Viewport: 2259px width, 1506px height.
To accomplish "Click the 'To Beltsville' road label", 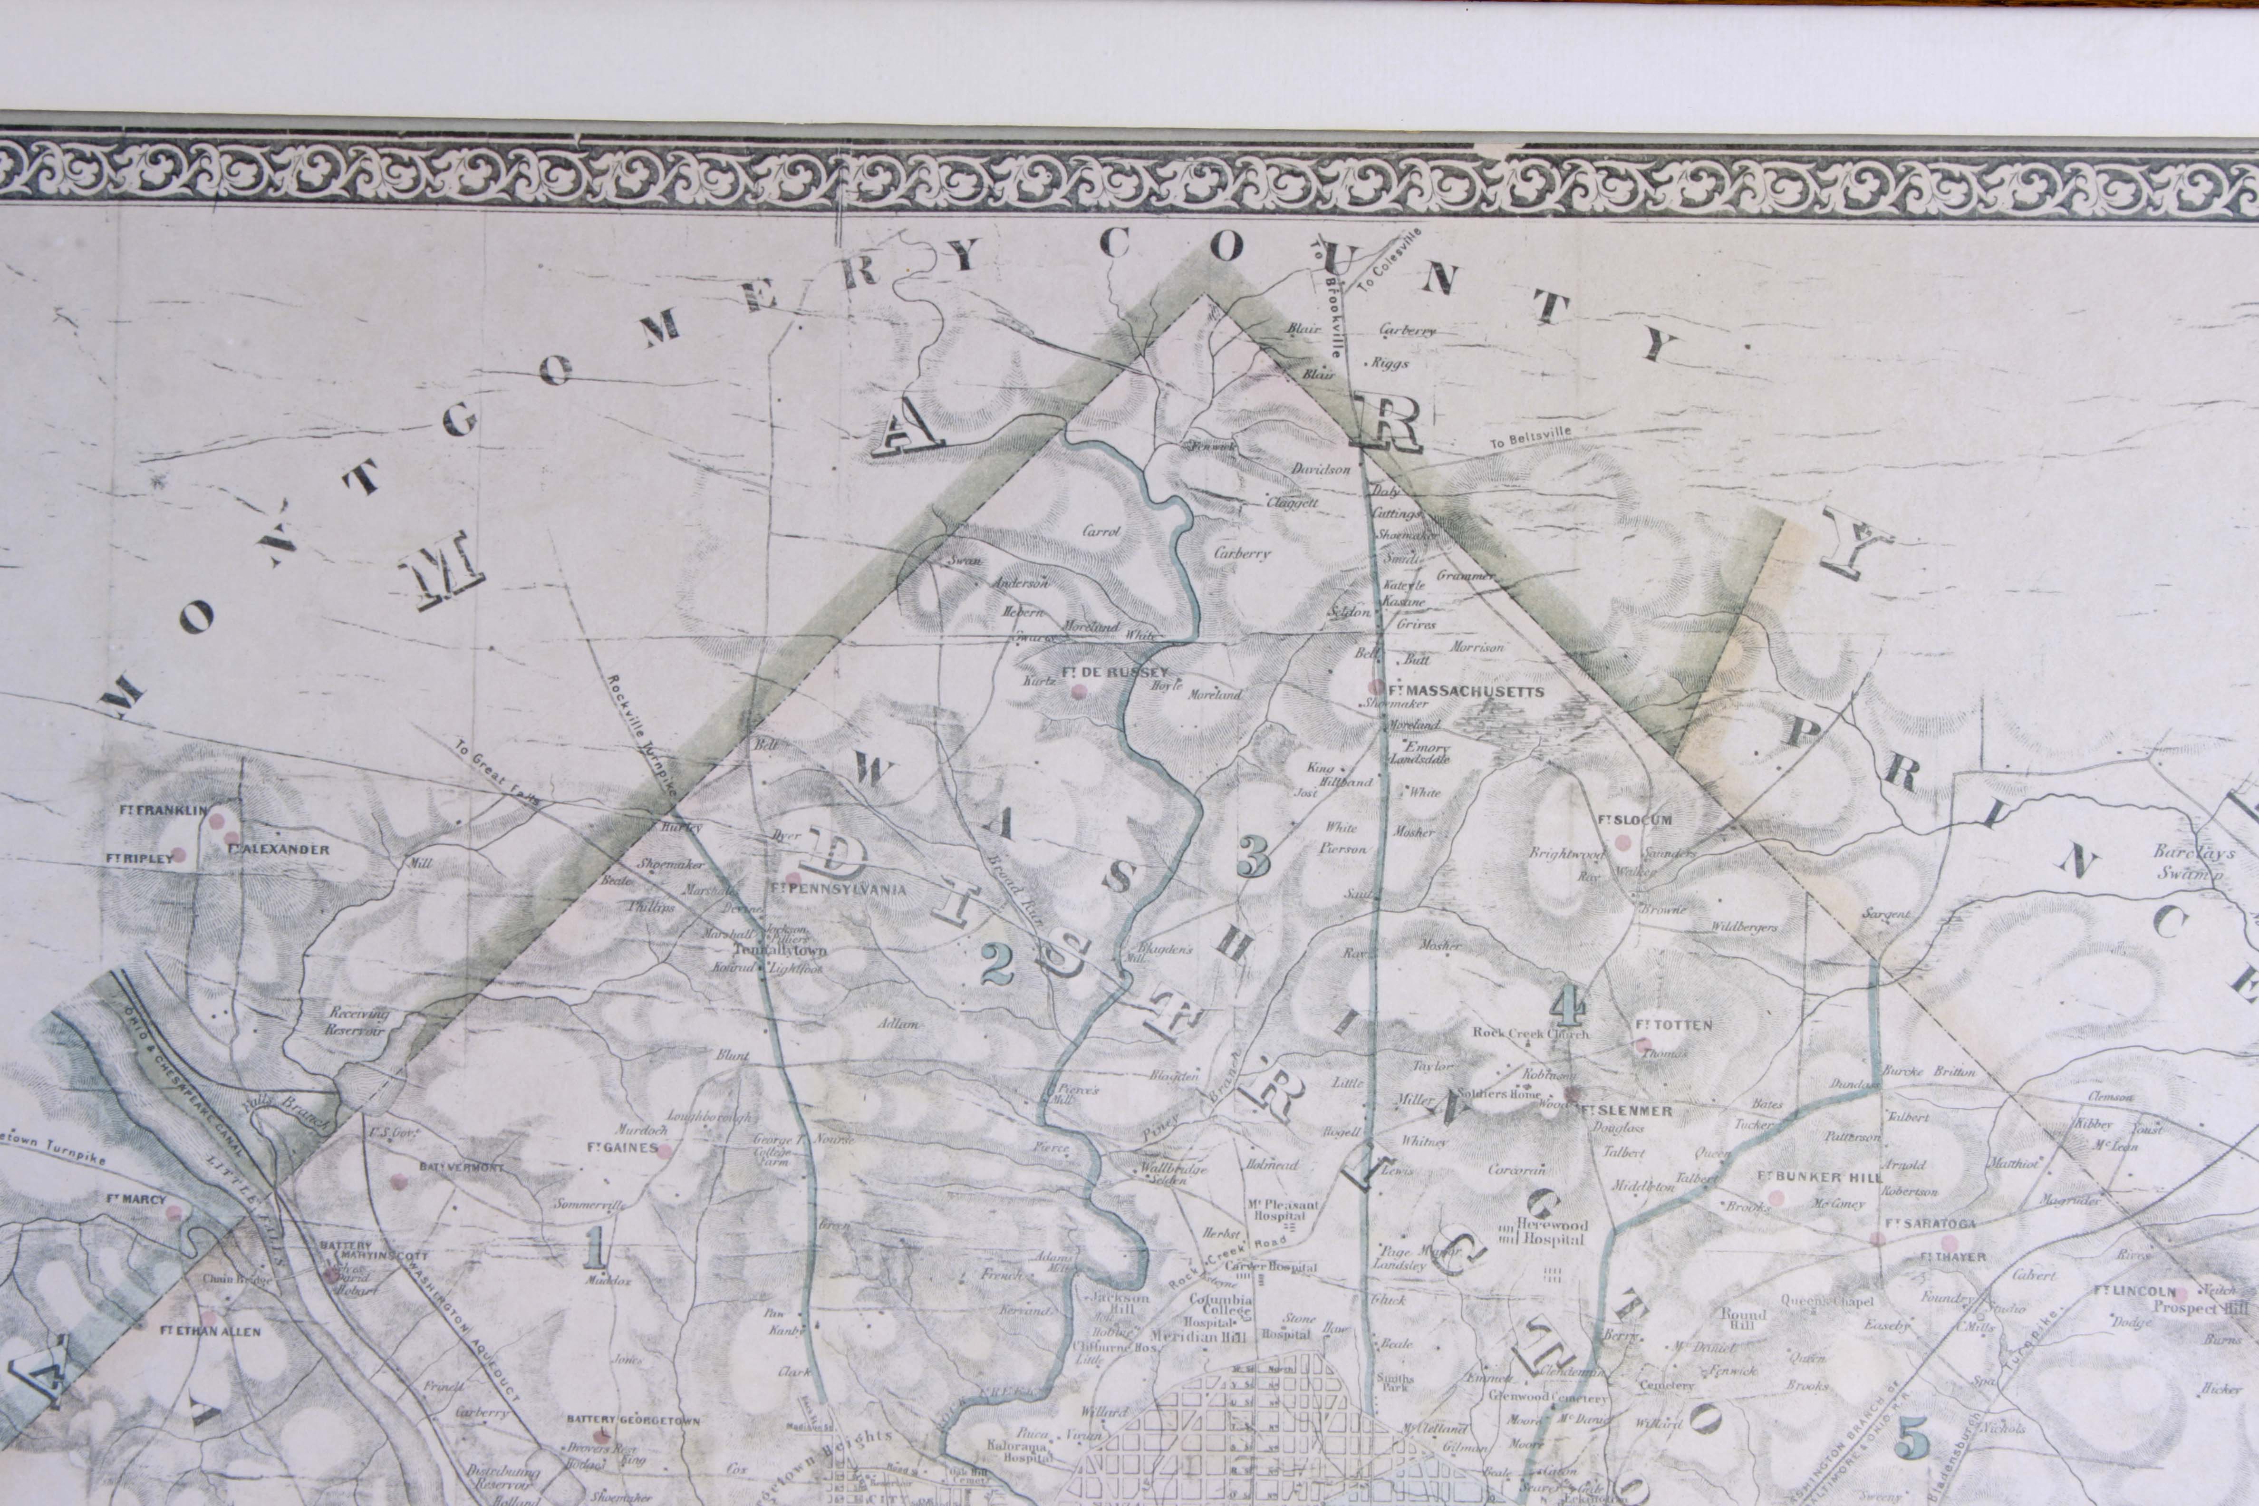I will pyautogui.click(x=1530, y=439).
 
